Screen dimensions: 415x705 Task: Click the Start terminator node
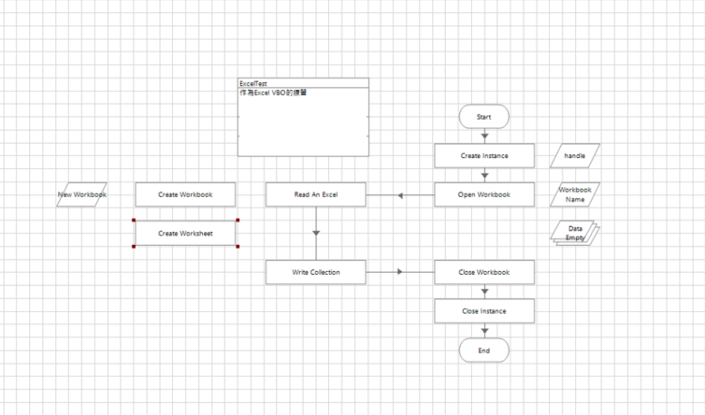(483, 117)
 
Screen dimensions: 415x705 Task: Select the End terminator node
(483, 351)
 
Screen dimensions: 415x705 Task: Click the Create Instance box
(483, 155)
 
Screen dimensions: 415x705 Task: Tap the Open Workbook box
(483, 194)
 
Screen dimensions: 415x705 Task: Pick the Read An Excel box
(315, 194)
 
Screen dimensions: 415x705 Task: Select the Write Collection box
(315, 272)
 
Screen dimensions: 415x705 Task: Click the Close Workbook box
(483, 272)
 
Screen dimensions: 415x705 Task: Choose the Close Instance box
(483, 310)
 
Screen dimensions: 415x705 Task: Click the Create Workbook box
(185, 194)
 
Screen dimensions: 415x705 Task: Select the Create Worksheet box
(185, 233)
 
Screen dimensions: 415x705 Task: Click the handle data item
(574, 155)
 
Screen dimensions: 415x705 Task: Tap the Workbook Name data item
(575, 194)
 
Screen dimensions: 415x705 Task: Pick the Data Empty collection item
(575, 234)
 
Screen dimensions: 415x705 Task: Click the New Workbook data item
(81, 194)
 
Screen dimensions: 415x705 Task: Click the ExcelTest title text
(252, 83)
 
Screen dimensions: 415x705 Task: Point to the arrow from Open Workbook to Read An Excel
(400, 195)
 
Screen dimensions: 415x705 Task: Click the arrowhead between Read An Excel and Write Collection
(316, 233)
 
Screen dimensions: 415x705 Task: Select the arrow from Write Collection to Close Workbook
(400, 272)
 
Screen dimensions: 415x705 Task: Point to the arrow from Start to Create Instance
(484, 136)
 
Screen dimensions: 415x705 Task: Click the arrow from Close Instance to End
(484, 330)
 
